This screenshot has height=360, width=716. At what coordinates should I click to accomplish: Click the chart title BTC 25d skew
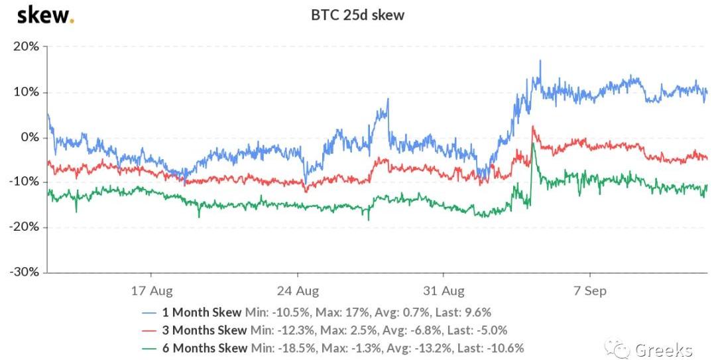pyautogui.click(x=358, y=14)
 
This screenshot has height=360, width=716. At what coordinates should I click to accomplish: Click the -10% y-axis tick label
pyautogui.click(x=23, y=182)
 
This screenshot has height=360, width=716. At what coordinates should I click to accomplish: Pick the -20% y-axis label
pyautogui.click(x=23, y=227)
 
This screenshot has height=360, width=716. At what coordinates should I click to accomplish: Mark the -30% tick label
pyautogui.click(x=23, y=272)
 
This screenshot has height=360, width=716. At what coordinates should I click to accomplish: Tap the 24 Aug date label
pyautogui.click(x=298, y=290)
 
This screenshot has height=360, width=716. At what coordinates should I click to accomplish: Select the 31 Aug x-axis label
pyautogui.click(x=444, y=290)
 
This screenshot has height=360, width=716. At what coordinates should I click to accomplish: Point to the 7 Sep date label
pyautogui.click(x=590, y=290)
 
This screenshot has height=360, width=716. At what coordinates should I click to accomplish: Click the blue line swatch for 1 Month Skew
pyautogui.click(x=150, y=312)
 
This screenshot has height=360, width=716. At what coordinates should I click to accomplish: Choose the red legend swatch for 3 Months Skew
pyautogui.click(x=150, y=330)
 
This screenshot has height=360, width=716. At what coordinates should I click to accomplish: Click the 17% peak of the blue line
pyautogui.click(x=540, y=61)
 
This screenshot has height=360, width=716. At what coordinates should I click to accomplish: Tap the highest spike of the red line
pyautogui.click(x=532, y=126)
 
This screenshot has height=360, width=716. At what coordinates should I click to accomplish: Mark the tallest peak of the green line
pyautogui.click(x=532, y=143)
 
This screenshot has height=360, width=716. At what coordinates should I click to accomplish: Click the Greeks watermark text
pyautogui.click(x=663, y=349)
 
